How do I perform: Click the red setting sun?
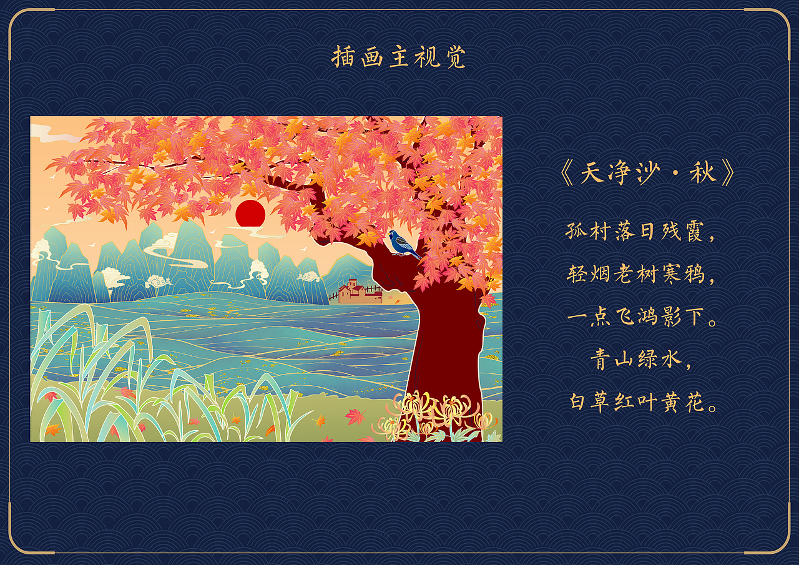250,214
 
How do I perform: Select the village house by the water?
359,292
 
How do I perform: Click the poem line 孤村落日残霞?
640,231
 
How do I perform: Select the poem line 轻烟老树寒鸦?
640,273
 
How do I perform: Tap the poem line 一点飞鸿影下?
643,317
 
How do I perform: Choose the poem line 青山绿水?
640,359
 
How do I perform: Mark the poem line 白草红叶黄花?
643,401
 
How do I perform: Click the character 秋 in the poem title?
702,174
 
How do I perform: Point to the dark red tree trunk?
446,350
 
